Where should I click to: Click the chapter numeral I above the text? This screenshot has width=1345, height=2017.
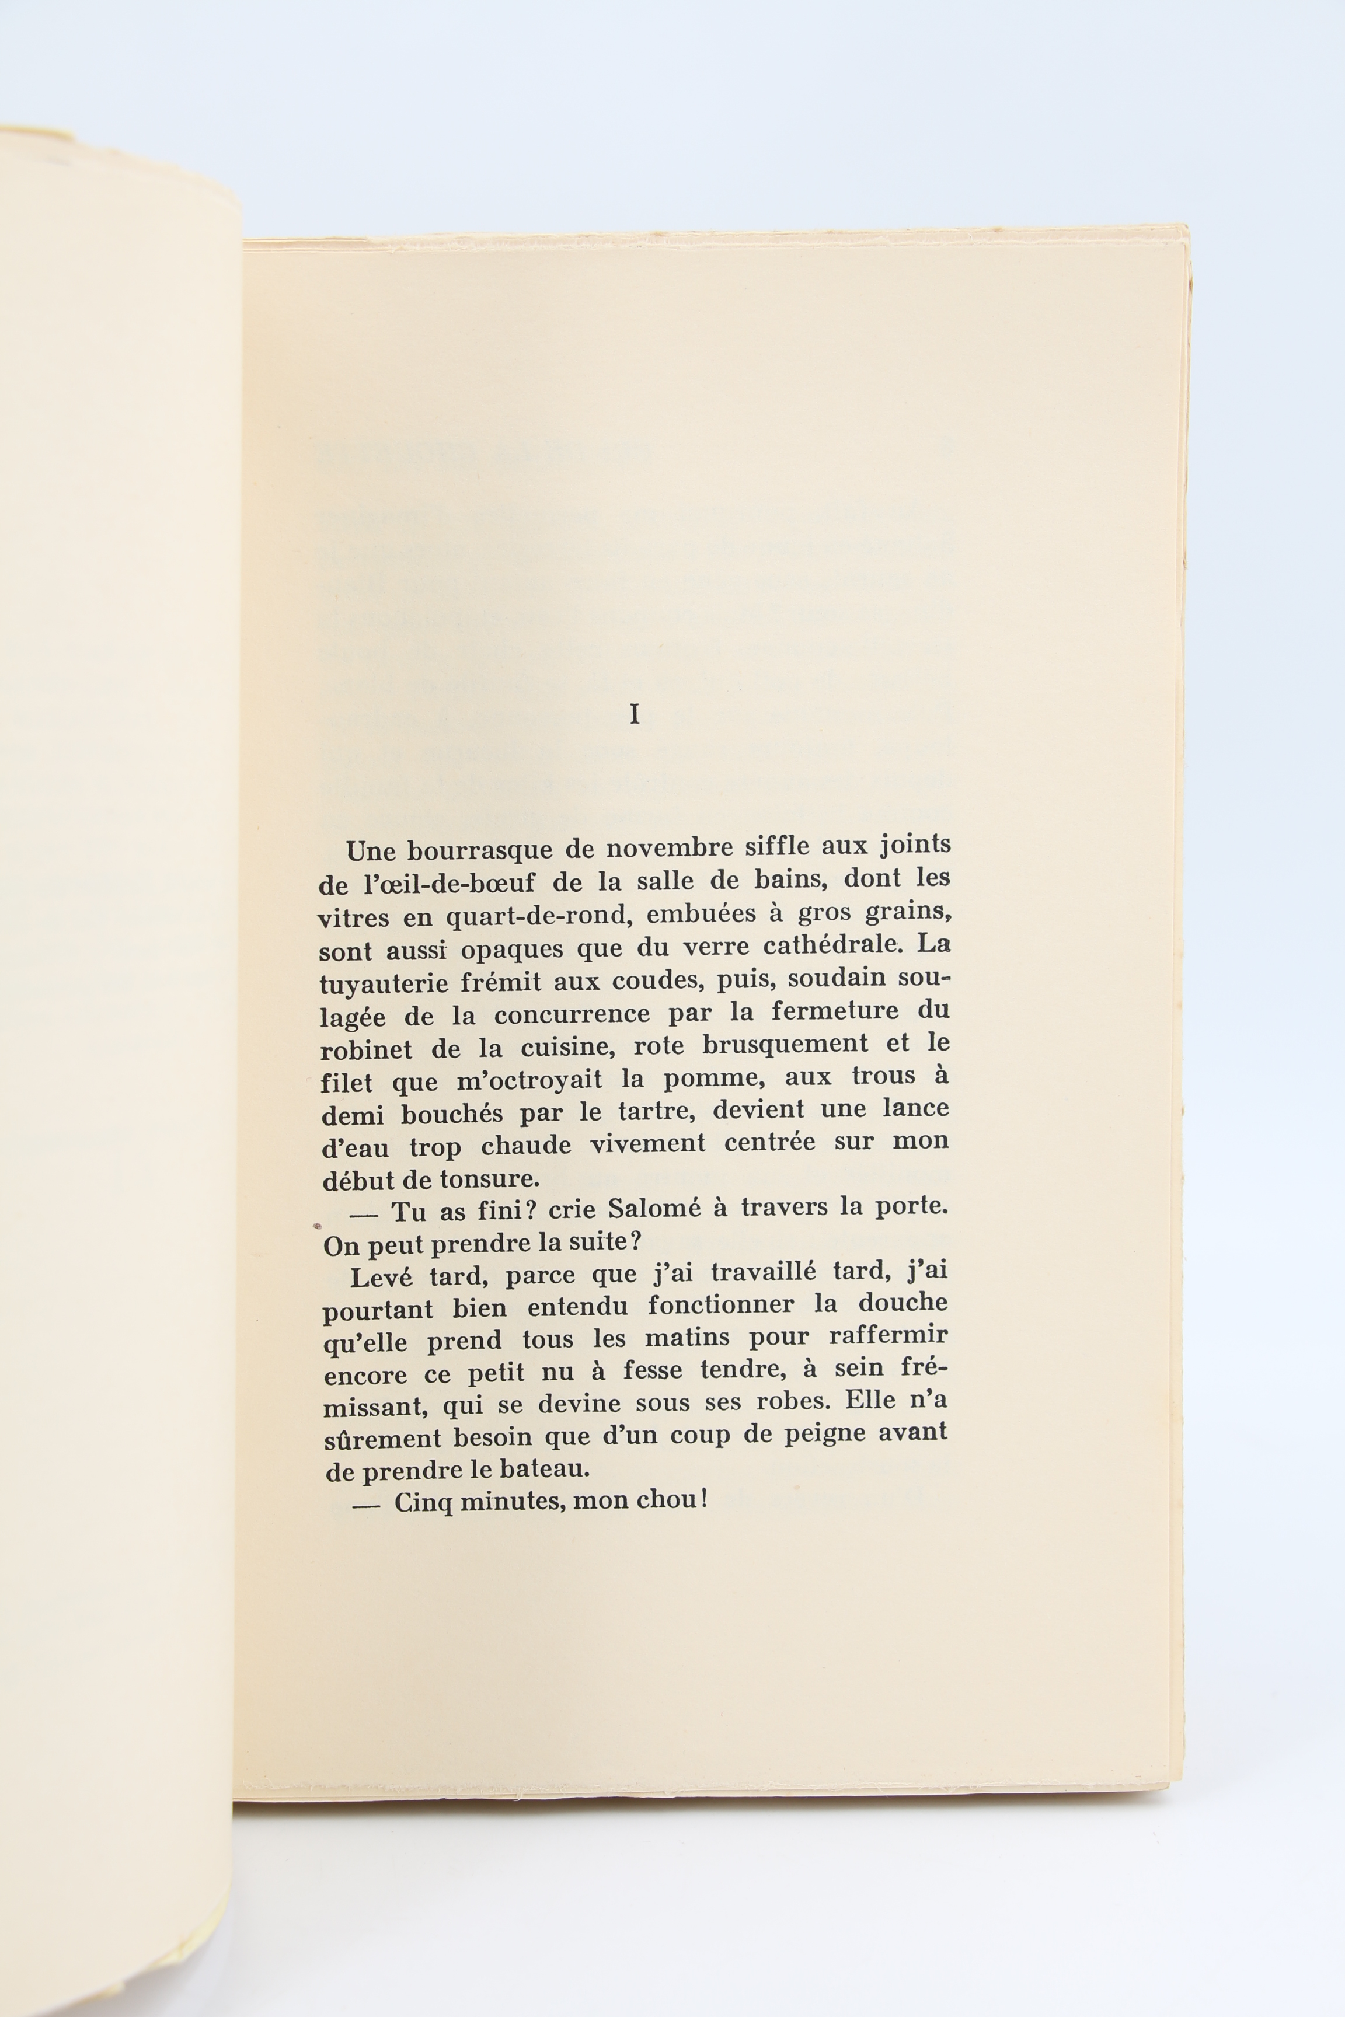634,715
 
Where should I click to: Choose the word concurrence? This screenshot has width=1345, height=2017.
572,1014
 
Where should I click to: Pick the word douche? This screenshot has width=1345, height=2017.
903,1303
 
